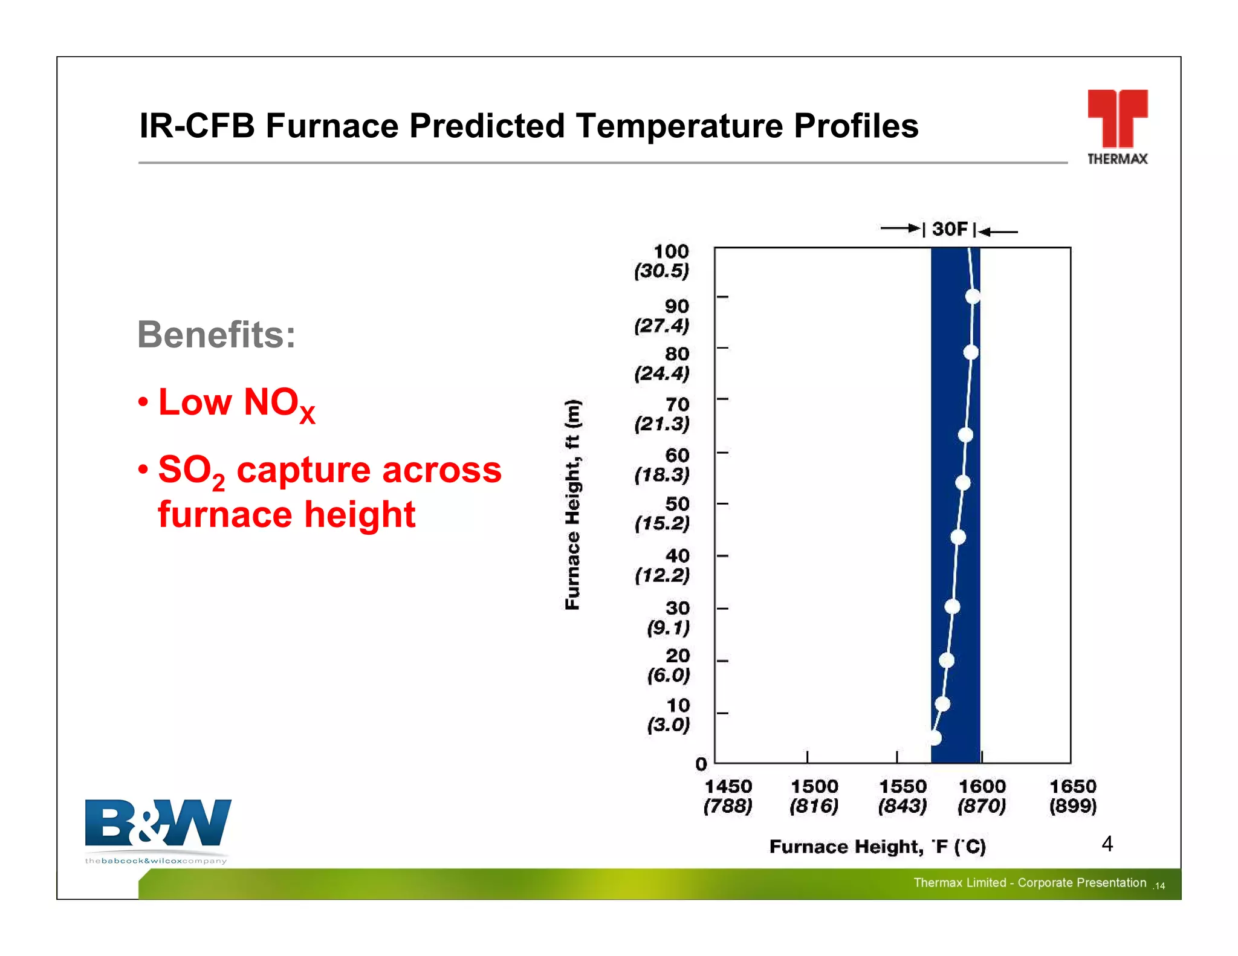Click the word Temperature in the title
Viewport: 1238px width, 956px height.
pyautogui.click(x=680, y=126)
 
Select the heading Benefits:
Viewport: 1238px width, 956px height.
pyautogui.click(x=216, y=334)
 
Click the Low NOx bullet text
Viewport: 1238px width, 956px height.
pyautogui.click(x=236, y=403)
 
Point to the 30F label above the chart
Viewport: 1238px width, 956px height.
pyautogui.click(x=950, y=230)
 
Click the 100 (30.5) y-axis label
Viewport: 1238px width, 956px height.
pyautogui.click(x=663, y=261)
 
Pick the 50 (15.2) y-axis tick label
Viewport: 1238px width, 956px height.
pyautogui.click(x=663, y=514)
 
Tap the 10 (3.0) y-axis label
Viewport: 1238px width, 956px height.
pyautogui.click(x=669, y=715)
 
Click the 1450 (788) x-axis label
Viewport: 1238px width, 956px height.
pyautogui.click(x=728, y=796)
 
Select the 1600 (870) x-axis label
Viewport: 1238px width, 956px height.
pyautogui.click(x=982, y=796)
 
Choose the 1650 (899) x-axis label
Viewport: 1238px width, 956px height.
pyautogui.click(x=1073, y=796)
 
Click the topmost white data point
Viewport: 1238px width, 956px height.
pyautogui.click(x=973, y=297)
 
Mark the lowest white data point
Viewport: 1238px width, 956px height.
pyautogui.click(x=935, y=738)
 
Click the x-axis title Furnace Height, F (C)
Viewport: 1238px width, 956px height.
pyautogui.click(x=877, y=847)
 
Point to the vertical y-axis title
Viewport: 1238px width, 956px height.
pyautogui.click(x=572, y=505)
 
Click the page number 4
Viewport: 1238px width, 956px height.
pyautogui.click(x=1107, y=844)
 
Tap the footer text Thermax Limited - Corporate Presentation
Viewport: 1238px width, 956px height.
pyautogui.click(x=1029, y=883)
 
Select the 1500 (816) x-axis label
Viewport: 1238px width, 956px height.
pyautogui.click(x=814, y=796)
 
